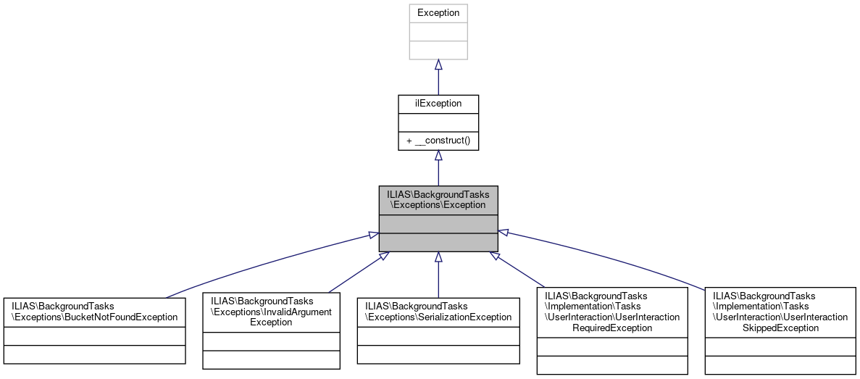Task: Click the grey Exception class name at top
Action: pos(438,13)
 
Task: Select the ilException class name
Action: pos(438,104)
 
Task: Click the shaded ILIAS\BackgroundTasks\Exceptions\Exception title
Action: pos(438,199)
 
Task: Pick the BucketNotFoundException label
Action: pos(94,311)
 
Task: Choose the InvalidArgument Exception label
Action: pos(271,311)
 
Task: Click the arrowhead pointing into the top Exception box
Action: pos(438,65)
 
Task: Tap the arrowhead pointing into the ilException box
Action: pos(438,156)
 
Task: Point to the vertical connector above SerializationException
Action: pos(438,279)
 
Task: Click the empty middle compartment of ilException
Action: pos(438,122)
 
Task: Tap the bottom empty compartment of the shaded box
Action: pos(438,242)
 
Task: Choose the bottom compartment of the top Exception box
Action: pos(438,50)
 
